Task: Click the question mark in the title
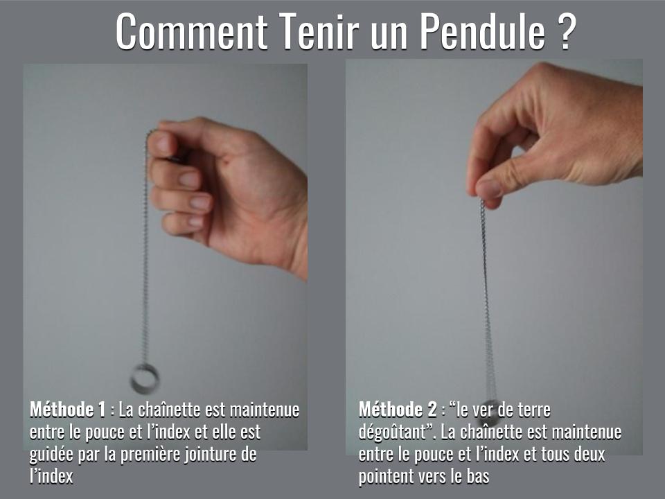pos(564,30)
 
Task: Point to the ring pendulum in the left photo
pos(145,378)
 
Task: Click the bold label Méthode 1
pos(68,410)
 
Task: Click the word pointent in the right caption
pos(388,477)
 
